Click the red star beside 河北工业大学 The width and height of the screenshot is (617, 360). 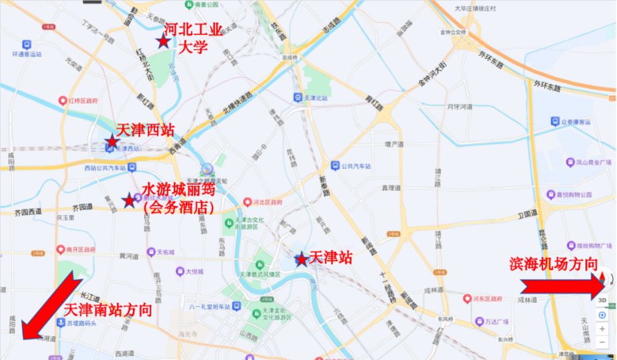(162, 42)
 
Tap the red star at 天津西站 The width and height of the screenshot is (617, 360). (112, 142)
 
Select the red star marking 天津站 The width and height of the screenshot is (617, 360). (301, 259)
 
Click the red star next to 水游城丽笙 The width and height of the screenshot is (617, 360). (129, 200)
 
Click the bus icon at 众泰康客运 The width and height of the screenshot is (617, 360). (555, 122)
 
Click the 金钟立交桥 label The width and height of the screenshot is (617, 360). (453, 32)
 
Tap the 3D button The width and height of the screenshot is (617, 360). (602, 300)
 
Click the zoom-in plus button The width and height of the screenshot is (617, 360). (602, 329)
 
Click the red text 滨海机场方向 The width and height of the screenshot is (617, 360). (554, 264)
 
